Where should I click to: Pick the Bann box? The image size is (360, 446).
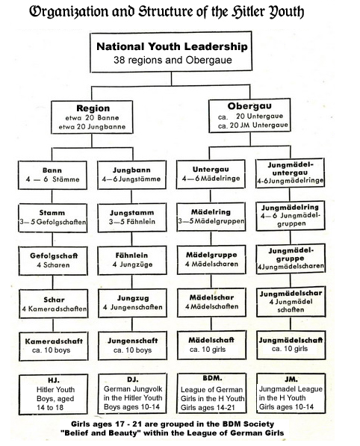(52, 176)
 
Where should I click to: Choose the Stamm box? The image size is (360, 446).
(52, 218)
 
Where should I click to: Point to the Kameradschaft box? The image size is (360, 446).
(52, 345)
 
